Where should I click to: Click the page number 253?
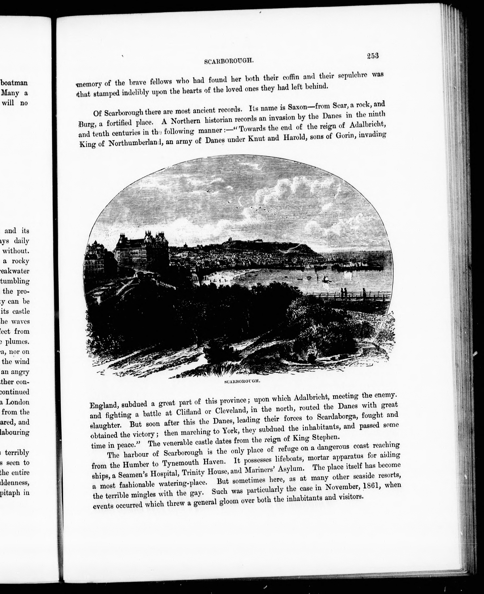[373, 56]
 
